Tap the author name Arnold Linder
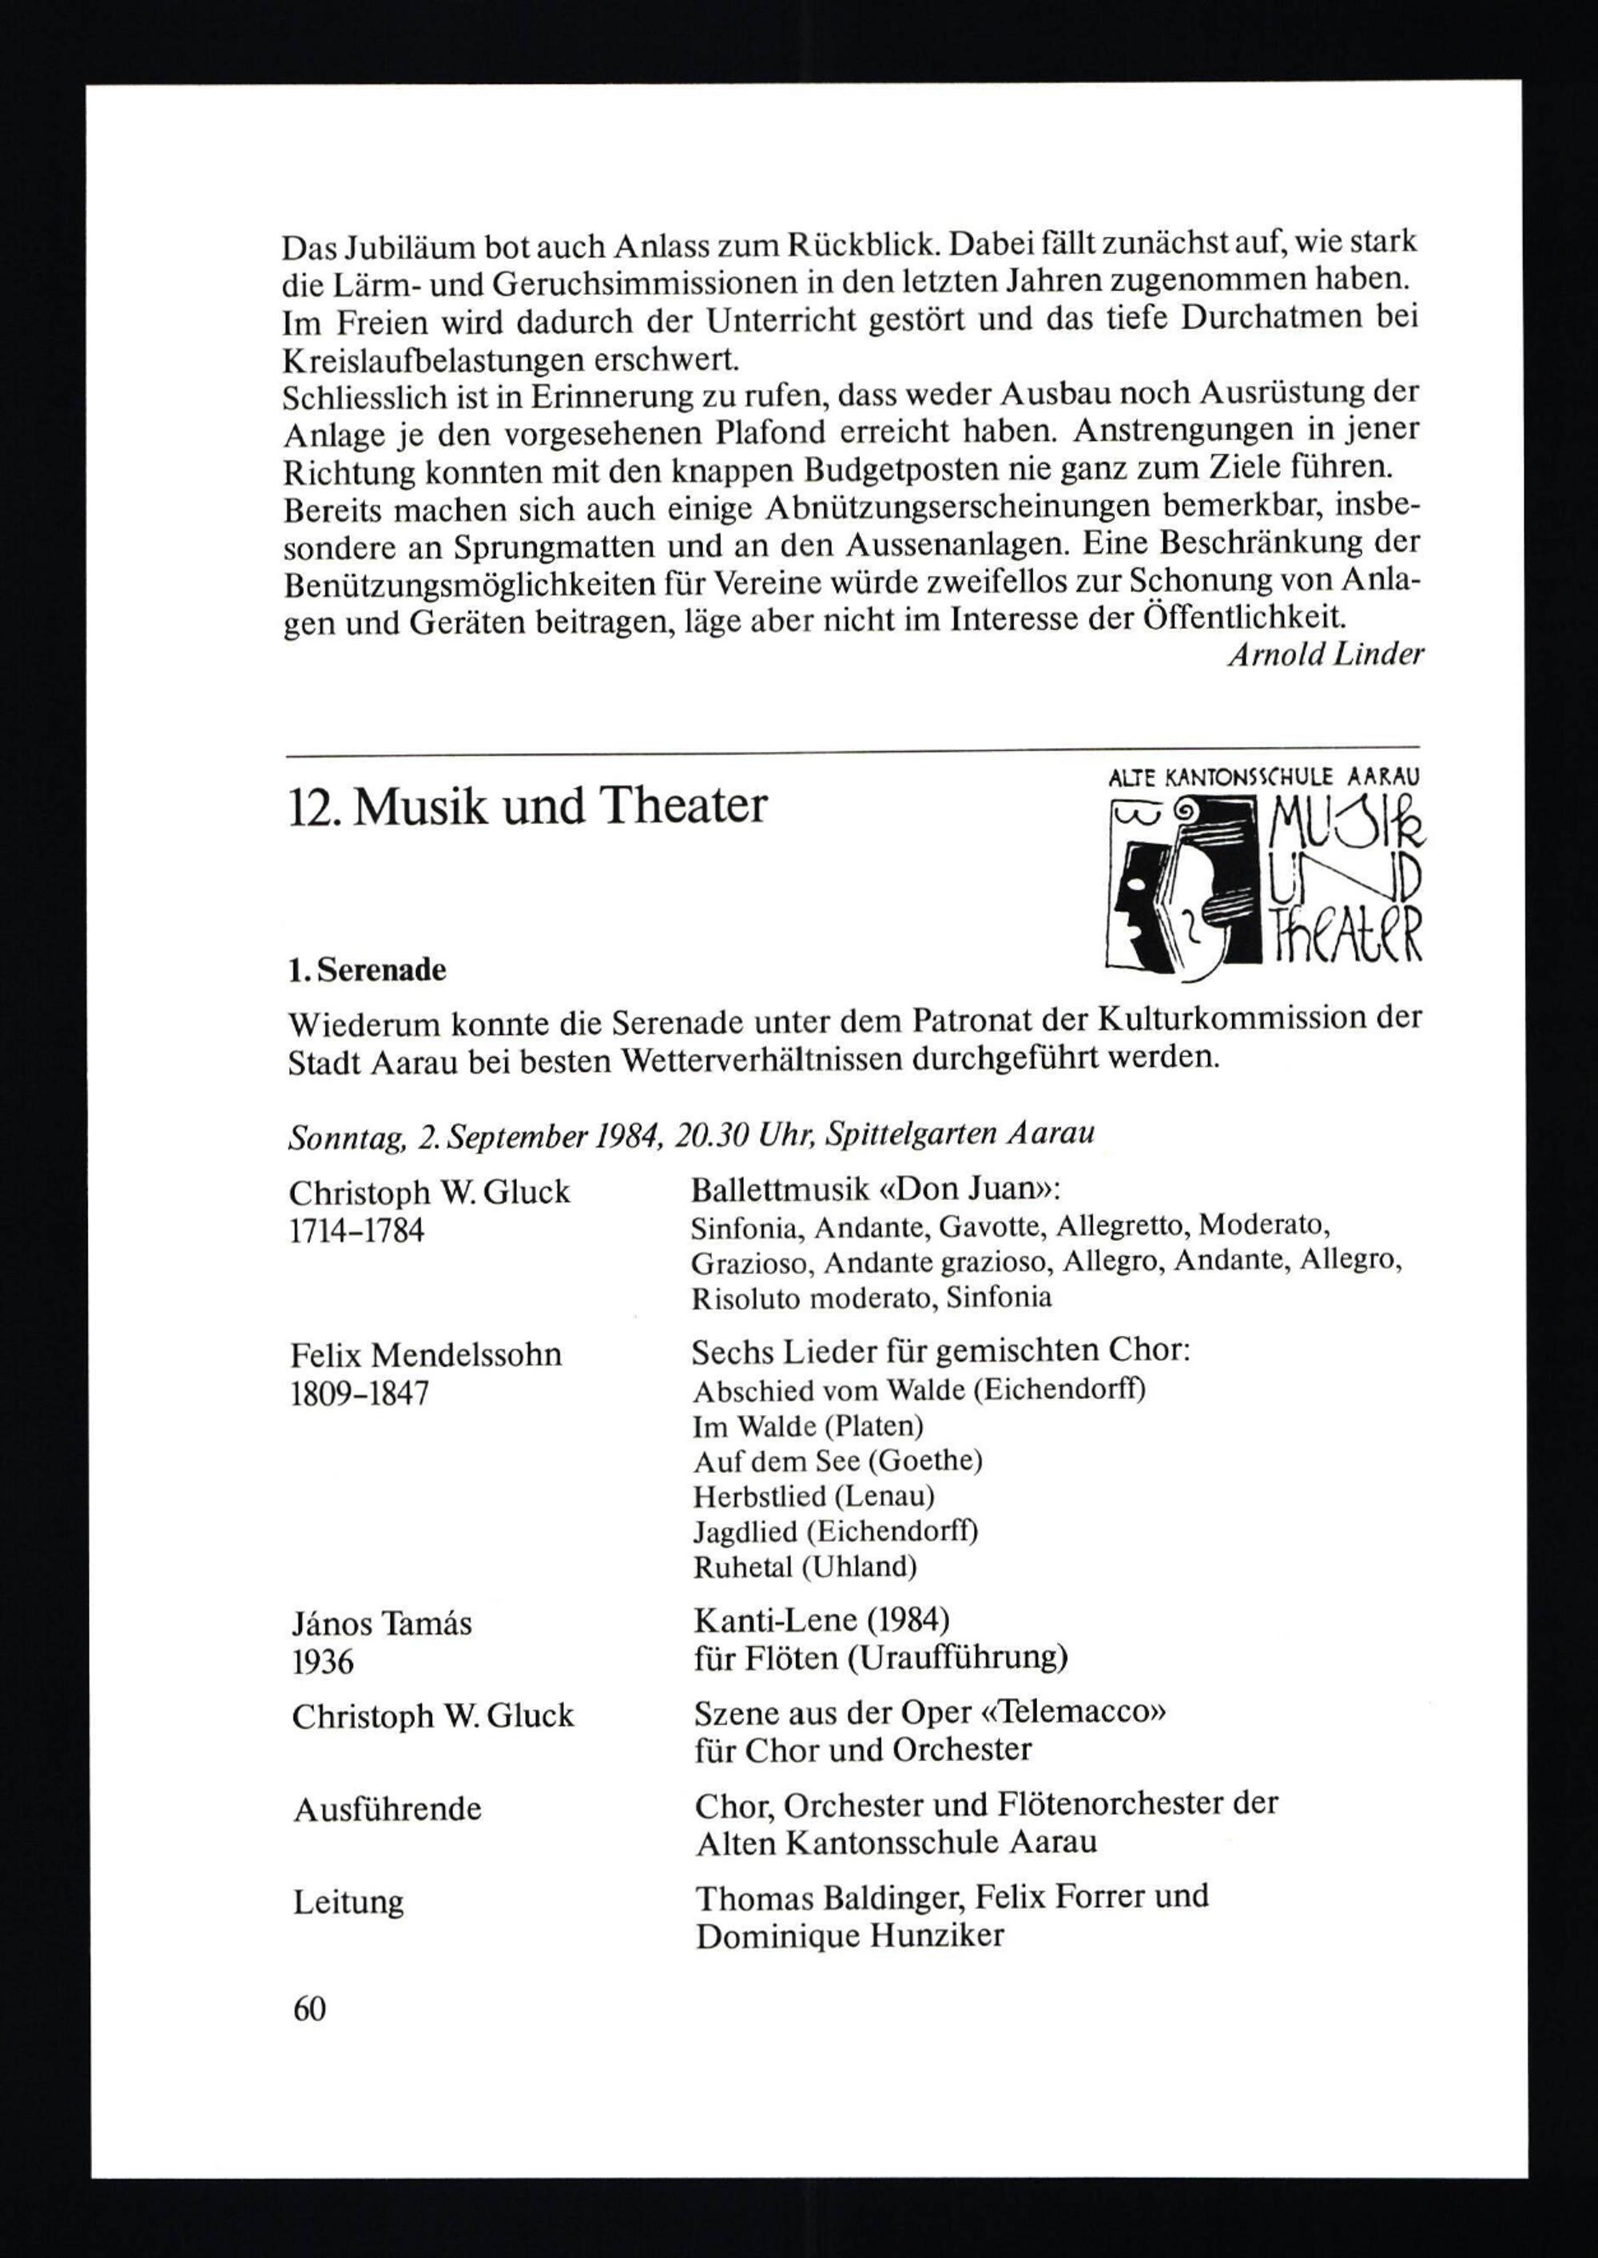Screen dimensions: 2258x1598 [x=1325, y=655]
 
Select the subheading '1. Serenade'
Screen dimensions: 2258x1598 [x=367, y=970]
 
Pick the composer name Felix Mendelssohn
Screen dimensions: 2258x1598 [x=425, y=1356]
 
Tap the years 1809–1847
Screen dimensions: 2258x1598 [x=360, y=1395]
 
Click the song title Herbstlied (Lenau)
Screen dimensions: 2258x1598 [x=813, y=1497]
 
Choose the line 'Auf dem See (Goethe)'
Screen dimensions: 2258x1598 [x=837, y=1461]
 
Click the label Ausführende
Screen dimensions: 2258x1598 [x=387, y=1808]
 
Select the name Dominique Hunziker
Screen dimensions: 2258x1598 [x=849, y=1936]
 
